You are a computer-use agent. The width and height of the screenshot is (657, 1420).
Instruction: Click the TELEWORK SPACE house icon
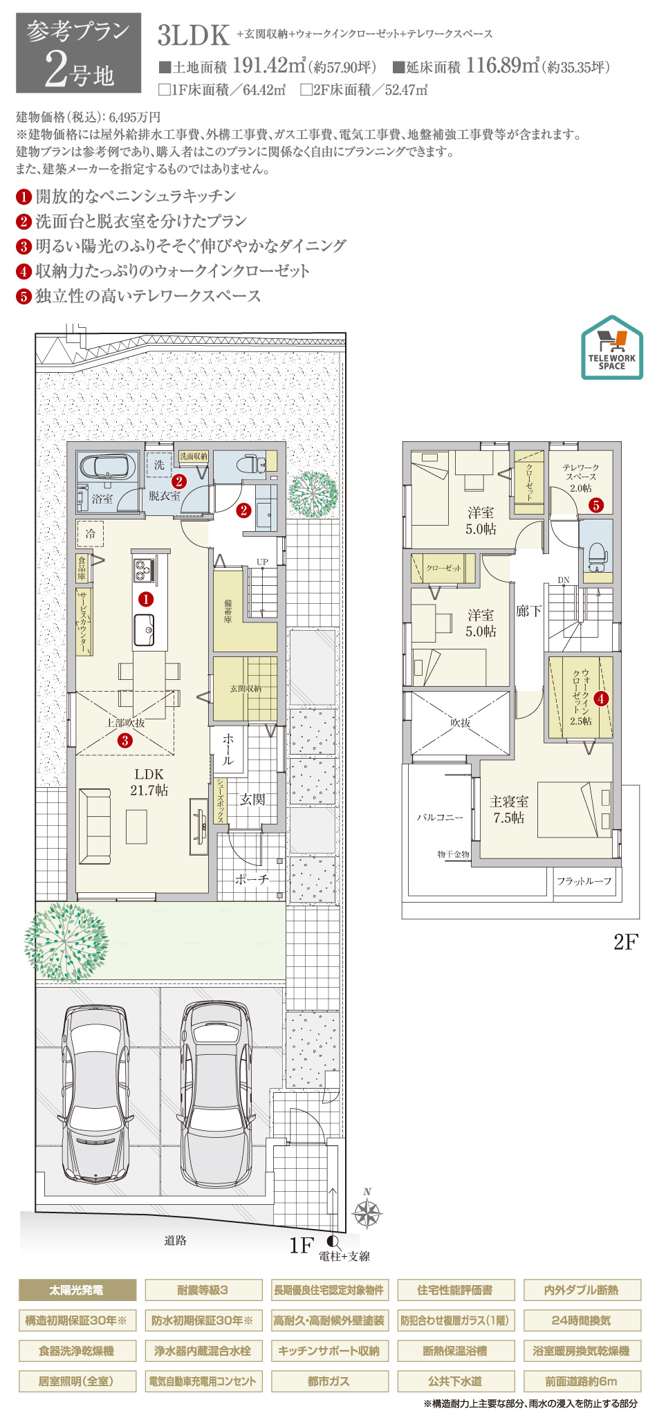click(611, 348)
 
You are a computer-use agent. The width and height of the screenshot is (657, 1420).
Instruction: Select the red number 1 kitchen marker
click(146, 599)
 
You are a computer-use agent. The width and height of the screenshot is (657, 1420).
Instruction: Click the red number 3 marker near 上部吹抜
click(125, 741)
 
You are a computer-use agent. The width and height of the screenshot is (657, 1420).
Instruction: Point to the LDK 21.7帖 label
click(149, 782)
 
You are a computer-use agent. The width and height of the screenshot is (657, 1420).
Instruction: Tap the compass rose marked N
click(367, 1211)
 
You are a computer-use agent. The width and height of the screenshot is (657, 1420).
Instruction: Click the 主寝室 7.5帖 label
click(509, 809)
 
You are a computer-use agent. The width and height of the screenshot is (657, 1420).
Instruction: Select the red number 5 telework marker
click(596, 505)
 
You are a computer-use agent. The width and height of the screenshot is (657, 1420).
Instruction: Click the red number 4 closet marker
click(600, 699)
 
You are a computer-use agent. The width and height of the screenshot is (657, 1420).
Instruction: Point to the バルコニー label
click(440, 817)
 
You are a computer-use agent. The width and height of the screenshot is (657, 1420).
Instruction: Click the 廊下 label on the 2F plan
click(529, 611)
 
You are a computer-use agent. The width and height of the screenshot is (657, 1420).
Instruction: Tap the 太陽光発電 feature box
click(77, 1290)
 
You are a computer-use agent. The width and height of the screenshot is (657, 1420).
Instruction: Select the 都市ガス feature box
click(329, 1381)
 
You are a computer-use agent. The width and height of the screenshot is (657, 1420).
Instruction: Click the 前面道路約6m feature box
click(582, 1381)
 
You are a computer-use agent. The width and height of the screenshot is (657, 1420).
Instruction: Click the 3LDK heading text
click(194, 35)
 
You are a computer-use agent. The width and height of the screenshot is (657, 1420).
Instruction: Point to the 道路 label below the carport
click(175, 1240)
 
